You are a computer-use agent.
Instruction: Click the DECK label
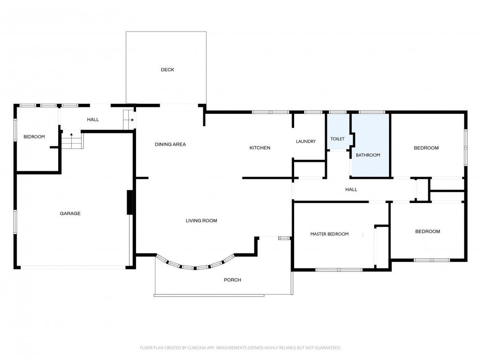pyautogui.click(x=168, y=70)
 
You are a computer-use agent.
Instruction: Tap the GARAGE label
pyautogui.click(x=70, y=213)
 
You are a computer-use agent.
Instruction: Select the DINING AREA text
pyautogui.click(x=170, y=144)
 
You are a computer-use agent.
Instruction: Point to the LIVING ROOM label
pyautogui.click(x=201, y=220)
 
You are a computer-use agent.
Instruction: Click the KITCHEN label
pyautogui.click(x=260, y=148)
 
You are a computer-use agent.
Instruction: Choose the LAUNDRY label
pyautogui.click(x=306, y=141)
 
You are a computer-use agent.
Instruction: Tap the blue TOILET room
pyautogui.click(x=338, y=132)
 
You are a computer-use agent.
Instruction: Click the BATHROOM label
pyautogui.click(x=368, y=155)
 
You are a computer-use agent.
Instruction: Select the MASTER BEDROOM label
pyautogui.click(x=330, y=234)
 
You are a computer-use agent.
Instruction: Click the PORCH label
pyautogui.click(x=232, y=280)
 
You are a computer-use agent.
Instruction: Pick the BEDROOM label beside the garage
pyautogui.click(x=34, y=137)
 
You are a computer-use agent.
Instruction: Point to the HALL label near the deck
pyautogui.click(x=93, y=120)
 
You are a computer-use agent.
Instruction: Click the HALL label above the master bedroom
pyautogui.click(x=351, y=189)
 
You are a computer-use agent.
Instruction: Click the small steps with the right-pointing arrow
pyautogui.click(x=129, y=120)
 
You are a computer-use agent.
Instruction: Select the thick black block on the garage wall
pyautogui.click(x=130, y=202)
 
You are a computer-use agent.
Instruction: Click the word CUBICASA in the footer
pyautogui.click(x=201, y=348)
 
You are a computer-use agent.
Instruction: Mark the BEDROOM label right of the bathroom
pyautogui.click(x=426, y=148)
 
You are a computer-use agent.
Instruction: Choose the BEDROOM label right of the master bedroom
pyautogui.click(x=427, y=231)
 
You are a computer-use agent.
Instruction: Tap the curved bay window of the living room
pyautogui.click(x=195, y=268)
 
